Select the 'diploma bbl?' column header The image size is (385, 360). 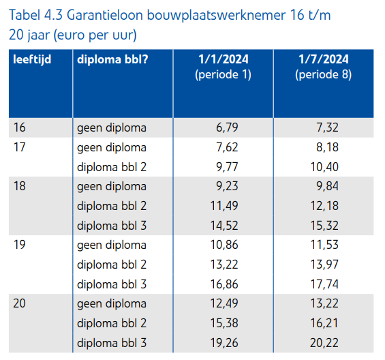pos(112,59)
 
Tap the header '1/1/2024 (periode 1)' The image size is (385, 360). pos(223,67)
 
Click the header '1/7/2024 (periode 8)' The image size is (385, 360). pos(324,67)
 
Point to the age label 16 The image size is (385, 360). pos(19,127)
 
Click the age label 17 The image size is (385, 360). pos(19,147)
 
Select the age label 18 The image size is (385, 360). pos(19,186)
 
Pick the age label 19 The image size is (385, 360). pos(19,245)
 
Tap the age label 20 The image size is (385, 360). pos(20,303)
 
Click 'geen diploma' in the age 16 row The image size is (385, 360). pos(111,127)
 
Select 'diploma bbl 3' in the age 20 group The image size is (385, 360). pos(111,342)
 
